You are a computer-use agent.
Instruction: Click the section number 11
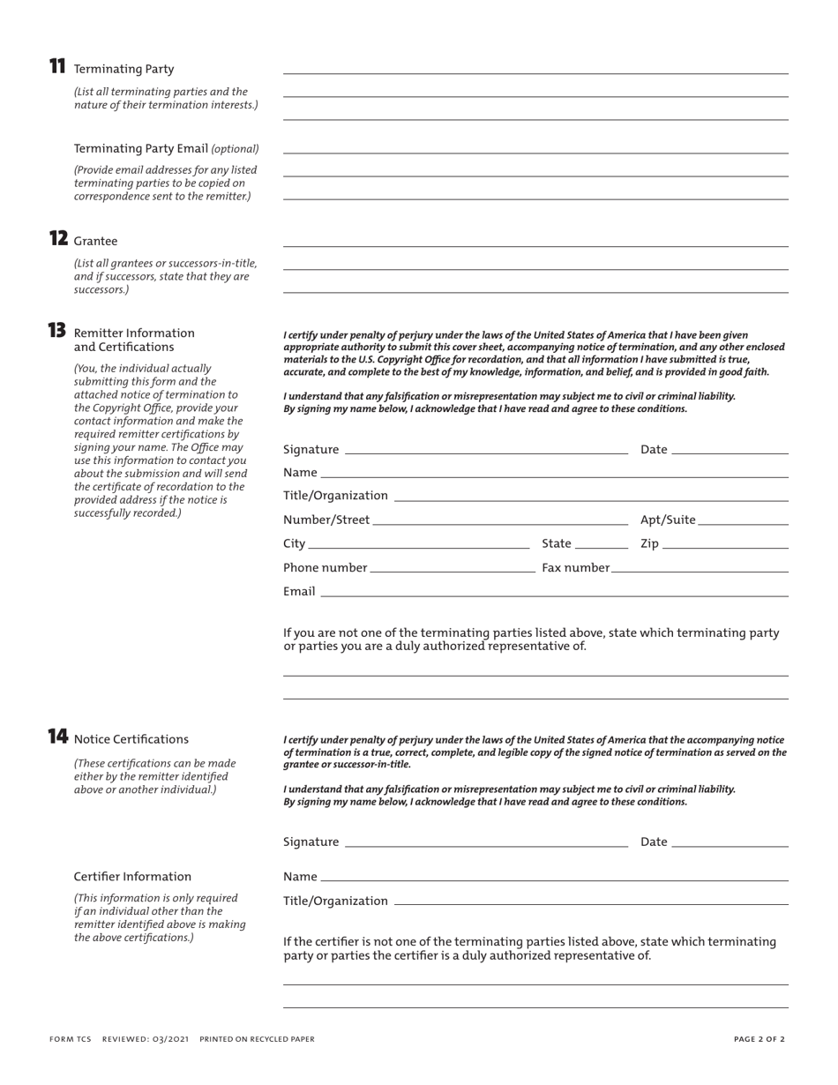pyautogui.click(x=57, y=66)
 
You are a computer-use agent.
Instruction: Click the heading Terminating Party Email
pyautogui.click(x=141, y=148)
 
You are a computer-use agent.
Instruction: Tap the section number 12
pyautogui.click(x=58, y=238)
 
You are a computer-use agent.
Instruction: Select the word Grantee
pyautogui.click(x=95, y=241)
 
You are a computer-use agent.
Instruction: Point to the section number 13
pyautogui.click(x=57, y=331)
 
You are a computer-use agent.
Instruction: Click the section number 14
pyautogui.click(x=57, y=737)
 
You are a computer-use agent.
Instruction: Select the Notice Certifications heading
pyautogui.click(x=131, y=739)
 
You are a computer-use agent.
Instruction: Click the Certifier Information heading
pyautogui.click(x=132, y=876)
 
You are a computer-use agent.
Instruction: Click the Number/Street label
pyautogui.click(x=326, y=520)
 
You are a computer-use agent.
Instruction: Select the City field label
pyautogui.click(x=294, y=543)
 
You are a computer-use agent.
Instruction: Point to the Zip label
pyautogui.click(x=649, y=543)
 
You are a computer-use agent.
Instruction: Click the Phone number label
pyautogui.click(x=325, y=567)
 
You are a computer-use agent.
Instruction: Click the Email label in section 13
pyautogui.click(x=299, y=591)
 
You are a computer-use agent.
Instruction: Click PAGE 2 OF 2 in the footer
pyautogui.click(x=759, y=1039)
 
